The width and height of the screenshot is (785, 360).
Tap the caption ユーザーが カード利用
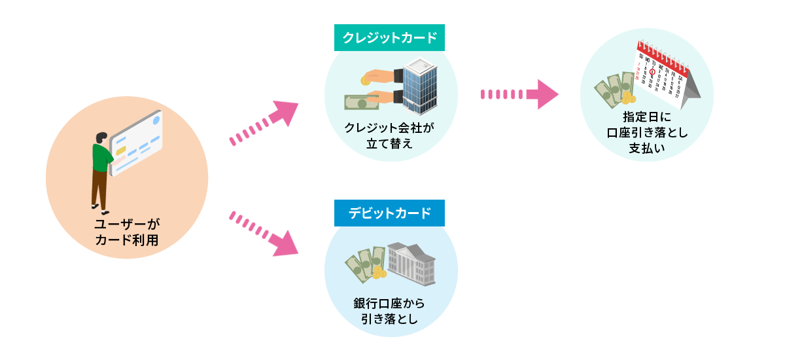(x=127, y=232)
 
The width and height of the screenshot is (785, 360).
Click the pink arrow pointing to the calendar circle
(x=519, y=94)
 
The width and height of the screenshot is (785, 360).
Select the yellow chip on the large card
(x=120, y=150)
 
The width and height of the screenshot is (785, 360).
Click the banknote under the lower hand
(x=362, y=103)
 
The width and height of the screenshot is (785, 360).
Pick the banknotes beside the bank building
(x=364, y=263)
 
